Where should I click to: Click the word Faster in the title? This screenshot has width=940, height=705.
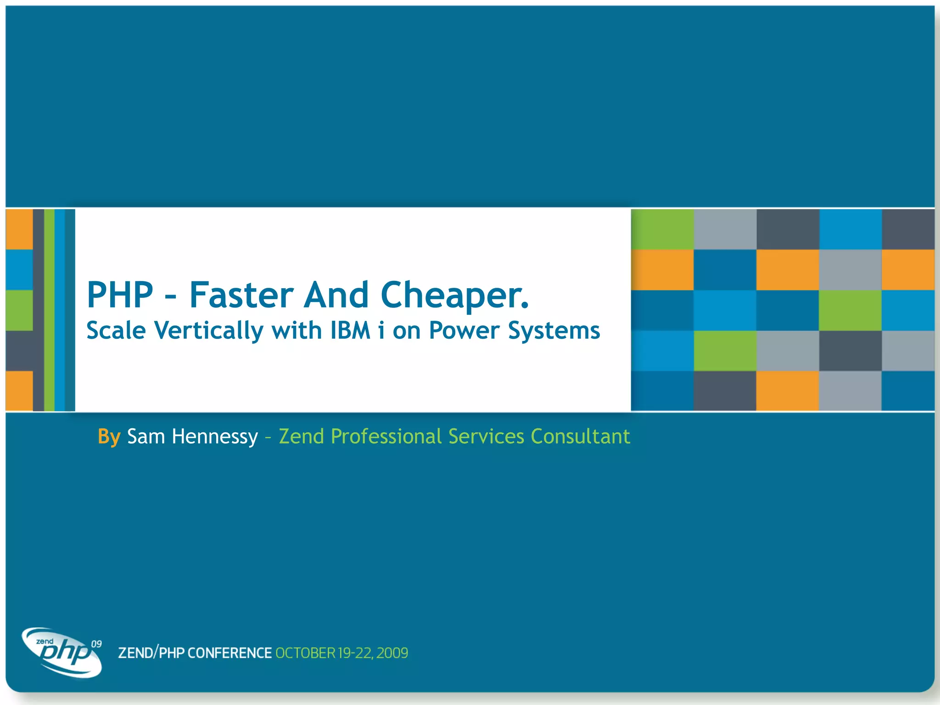pos(241,295)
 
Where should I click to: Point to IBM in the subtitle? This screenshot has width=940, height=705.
pos(350,330)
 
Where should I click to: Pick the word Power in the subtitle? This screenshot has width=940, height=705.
pos(464,330)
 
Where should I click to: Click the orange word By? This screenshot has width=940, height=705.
pos(109,436)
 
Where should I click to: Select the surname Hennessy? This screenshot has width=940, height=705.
pos(214,436)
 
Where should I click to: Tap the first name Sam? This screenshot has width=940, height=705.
pos(145,436)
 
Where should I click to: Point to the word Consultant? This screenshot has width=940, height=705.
pos(580,436)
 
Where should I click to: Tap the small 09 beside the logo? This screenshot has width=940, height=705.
pos(96,644)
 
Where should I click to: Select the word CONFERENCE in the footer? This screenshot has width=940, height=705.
pos(229,653)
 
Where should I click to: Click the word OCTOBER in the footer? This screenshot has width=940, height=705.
pos(305,653)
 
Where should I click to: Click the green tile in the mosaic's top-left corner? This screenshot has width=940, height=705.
pos(662,229)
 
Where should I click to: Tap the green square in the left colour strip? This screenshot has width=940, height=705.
pos(19,310)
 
